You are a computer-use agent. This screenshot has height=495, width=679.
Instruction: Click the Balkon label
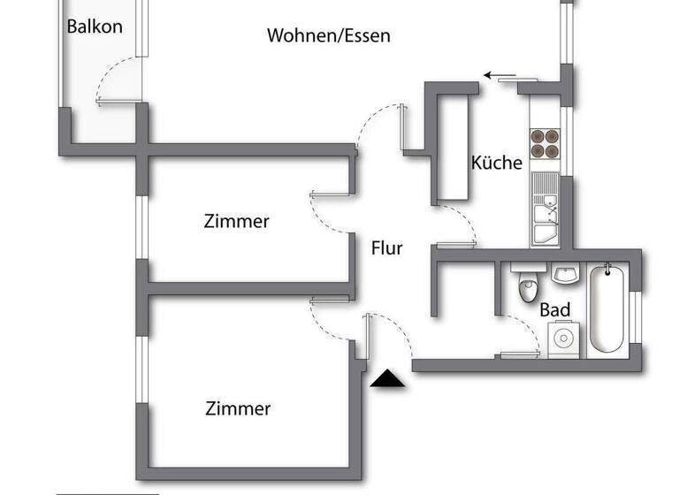95,26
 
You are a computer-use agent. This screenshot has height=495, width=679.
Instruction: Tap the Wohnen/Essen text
328,36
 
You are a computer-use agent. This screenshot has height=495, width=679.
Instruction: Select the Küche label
496,163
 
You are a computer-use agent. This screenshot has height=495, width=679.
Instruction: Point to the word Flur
386,248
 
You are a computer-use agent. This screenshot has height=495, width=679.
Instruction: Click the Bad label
554,310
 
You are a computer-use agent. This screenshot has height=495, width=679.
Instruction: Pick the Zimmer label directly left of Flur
236,221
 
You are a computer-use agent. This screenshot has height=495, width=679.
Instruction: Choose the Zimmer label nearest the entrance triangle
238,408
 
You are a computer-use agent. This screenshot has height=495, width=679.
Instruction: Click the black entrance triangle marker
386,379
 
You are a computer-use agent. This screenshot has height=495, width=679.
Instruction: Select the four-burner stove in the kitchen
545,143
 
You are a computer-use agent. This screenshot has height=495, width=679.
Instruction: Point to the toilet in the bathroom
528,287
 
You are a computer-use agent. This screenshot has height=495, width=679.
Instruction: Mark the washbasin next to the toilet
565,274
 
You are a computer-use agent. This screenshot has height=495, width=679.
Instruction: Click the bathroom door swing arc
526,334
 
